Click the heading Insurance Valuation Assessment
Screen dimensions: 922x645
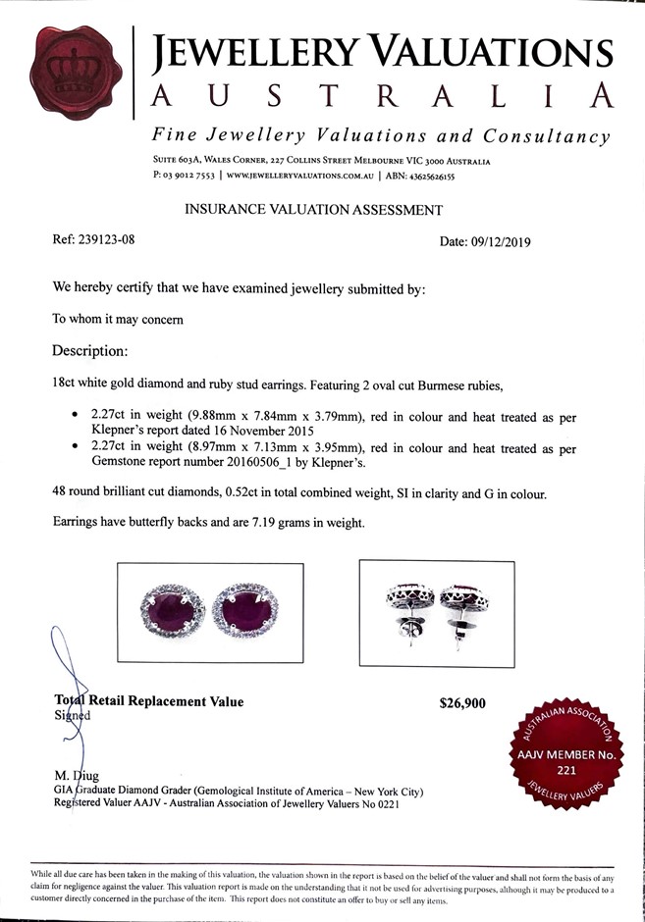pyautogui.click(x=314, y=209)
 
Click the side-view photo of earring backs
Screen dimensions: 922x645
pyautogui.click(x=436, y=615)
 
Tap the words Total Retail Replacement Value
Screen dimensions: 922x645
pyautogui.click(x=148, y=701)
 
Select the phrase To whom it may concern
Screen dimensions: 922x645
pyautogui.click(x=117, y=319)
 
